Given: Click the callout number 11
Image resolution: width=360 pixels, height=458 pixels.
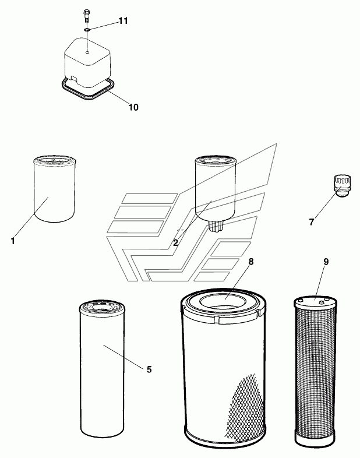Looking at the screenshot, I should click(123, 21).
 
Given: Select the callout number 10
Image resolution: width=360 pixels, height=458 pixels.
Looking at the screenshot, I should click(133, 107).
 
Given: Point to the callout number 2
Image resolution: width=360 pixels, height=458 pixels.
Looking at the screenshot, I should click(175, 242).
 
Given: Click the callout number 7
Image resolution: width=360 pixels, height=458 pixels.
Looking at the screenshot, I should click(312, 221).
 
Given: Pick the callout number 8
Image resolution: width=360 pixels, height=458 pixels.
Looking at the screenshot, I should click(251, 262).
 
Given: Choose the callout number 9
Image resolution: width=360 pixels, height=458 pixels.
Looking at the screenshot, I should click(326, 262).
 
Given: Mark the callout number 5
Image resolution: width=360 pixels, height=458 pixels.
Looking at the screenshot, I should click(149, 369).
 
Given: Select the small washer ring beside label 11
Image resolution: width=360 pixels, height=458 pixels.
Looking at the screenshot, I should click(86, 30).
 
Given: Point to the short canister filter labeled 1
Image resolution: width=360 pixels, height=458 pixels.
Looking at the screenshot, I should click(53, 189).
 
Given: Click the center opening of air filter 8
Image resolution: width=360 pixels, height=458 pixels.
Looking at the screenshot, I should click(224, 302).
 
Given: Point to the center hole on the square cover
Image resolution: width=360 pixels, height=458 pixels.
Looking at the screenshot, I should click(86, 51).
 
